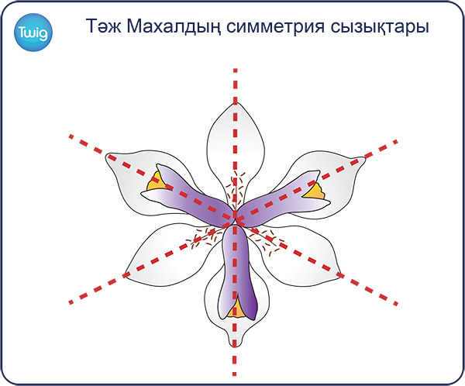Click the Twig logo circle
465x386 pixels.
[x=33, y=33]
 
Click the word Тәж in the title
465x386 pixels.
[x=103, y=26]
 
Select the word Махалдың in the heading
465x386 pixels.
[x=174, y=26]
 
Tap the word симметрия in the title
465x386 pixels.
[x=275, y=26]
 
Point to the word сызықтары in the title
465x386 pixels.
[x=379, y=27]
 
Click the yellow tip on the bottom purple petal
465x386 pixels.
[x=237, y=307]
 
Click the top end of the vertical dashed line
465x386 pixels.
[x=235, y=69]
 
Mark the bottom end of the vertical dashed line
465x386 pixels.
[x=234, y=375]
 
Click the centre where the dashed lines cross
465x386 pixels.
[x=235, y=219]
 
